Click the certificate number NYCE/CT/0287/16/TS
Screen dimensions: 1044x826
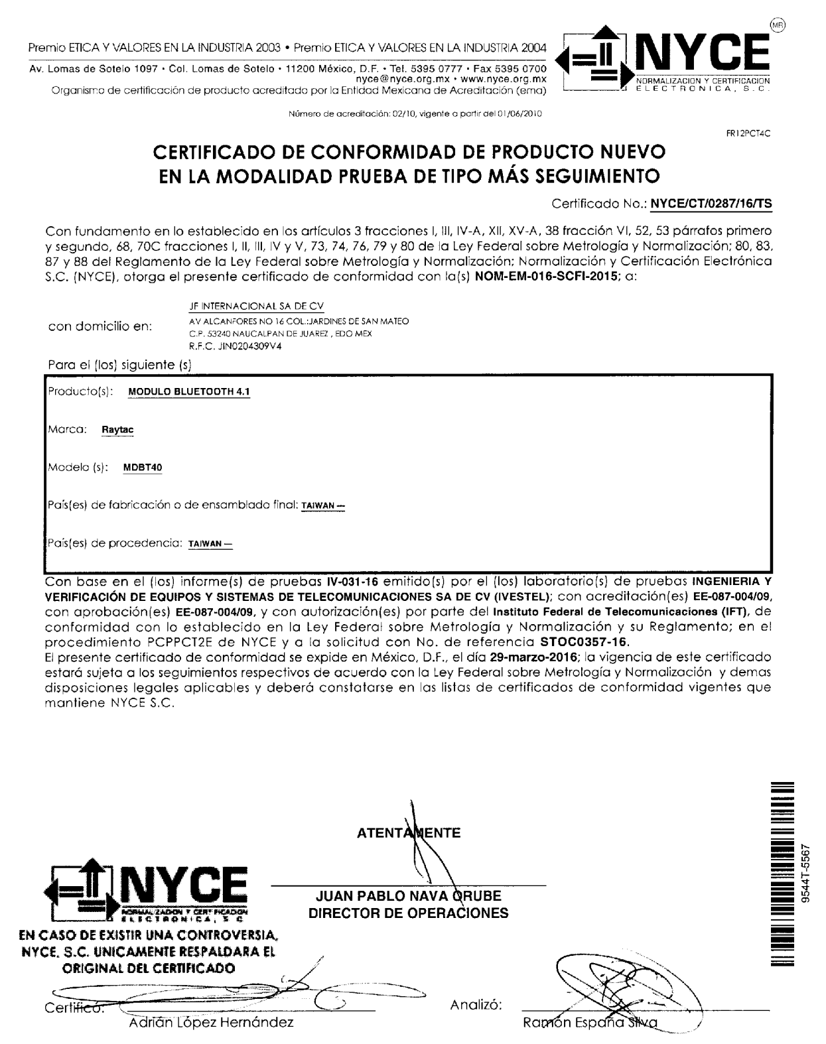[x=711, y=204]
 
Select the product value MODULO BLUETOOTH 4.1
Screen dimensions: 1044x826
[x=188, y=391]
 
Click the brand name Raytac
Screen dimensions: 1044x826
[x=117, y=430]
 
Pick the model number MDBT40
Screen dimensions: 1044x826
[x=143, y=468]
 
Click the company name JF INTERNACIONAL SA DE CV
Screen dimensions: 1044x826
[x=256, y=306]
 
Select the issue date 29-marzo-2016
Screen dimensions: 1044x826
[x=533, y=658]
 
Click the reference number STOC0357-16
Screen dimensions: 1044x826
[x=581, y=642]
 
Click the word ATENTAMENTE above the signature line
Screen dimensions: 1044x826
[x=408, y=834]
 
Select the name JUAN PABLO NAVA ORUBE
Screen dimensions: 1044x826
[x=409, y=897]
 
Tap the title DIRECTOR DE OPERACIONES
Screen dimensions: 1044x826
[x=408, y=913]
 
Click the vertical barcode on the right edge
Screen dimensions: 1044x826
[x=783, y=876]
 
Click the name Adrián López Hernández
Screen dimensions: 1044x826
[x=210, y=1022]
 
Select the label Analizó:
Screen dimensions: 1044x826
[x=476, y=1005]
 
